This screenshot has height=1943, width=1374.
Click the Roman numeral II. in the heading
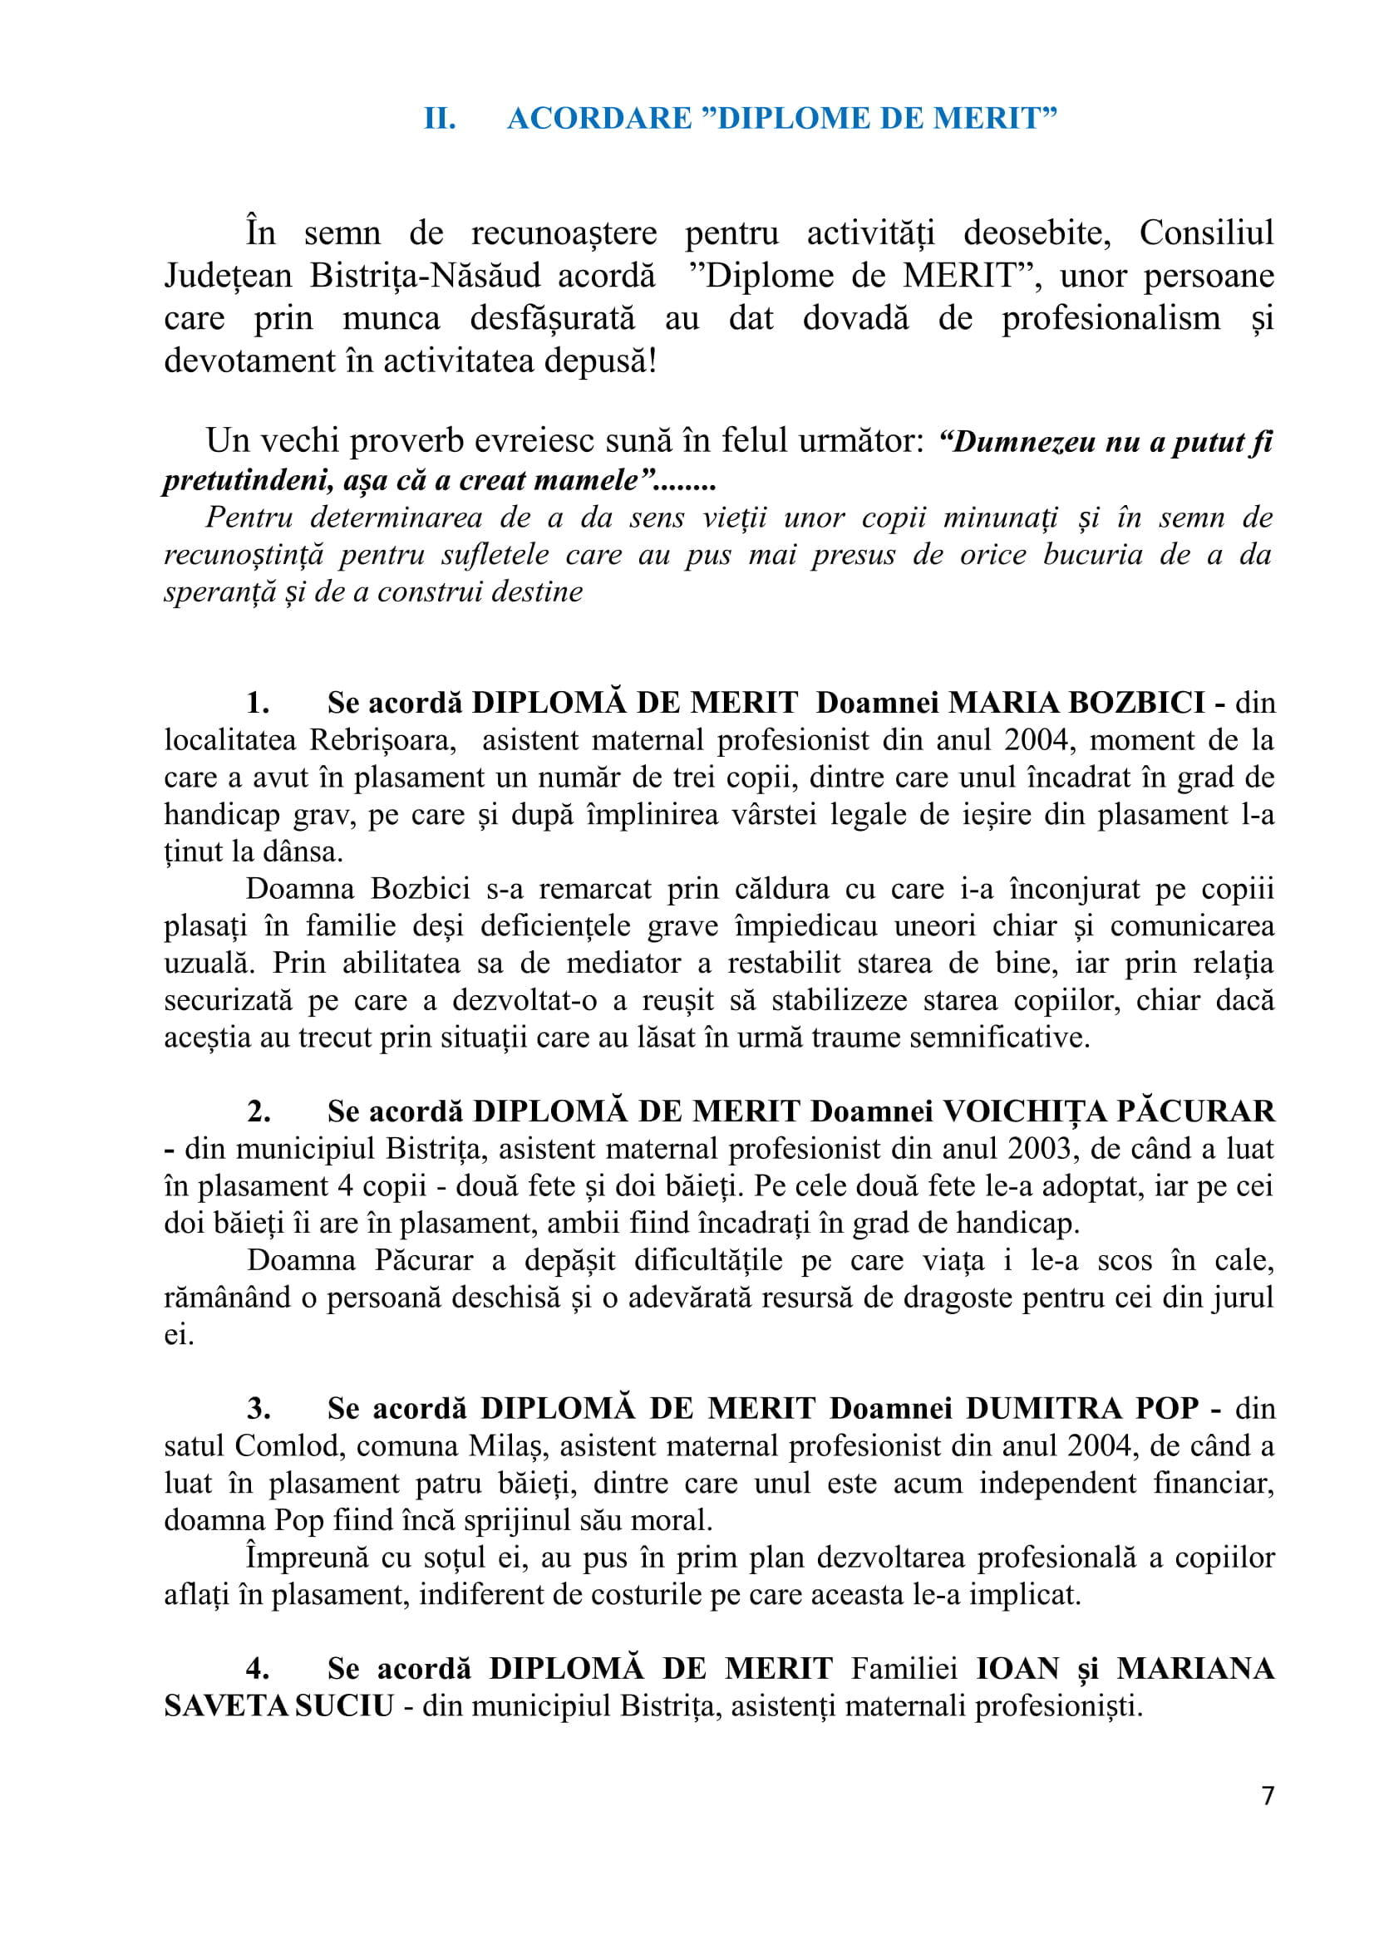click(x=440, y=119)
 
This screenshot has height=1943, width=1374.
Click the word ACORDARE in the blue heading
click(x=598, y=119)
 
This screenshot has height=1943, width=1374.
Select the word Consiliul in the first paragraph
click(x=1205, y=233)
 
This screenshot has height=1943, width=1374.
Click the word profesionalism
click(x=1111, y=319)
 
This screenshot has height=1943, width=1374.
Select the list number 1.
click(x=258, y=703)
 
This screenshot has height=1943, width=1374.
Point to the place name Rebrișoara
click(x=381, y=740)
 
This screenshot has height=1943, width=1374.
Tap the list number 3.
click(x=259, y=1408)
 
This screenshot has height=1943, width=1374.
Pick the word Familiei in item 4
click(x=904, y=1669)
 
